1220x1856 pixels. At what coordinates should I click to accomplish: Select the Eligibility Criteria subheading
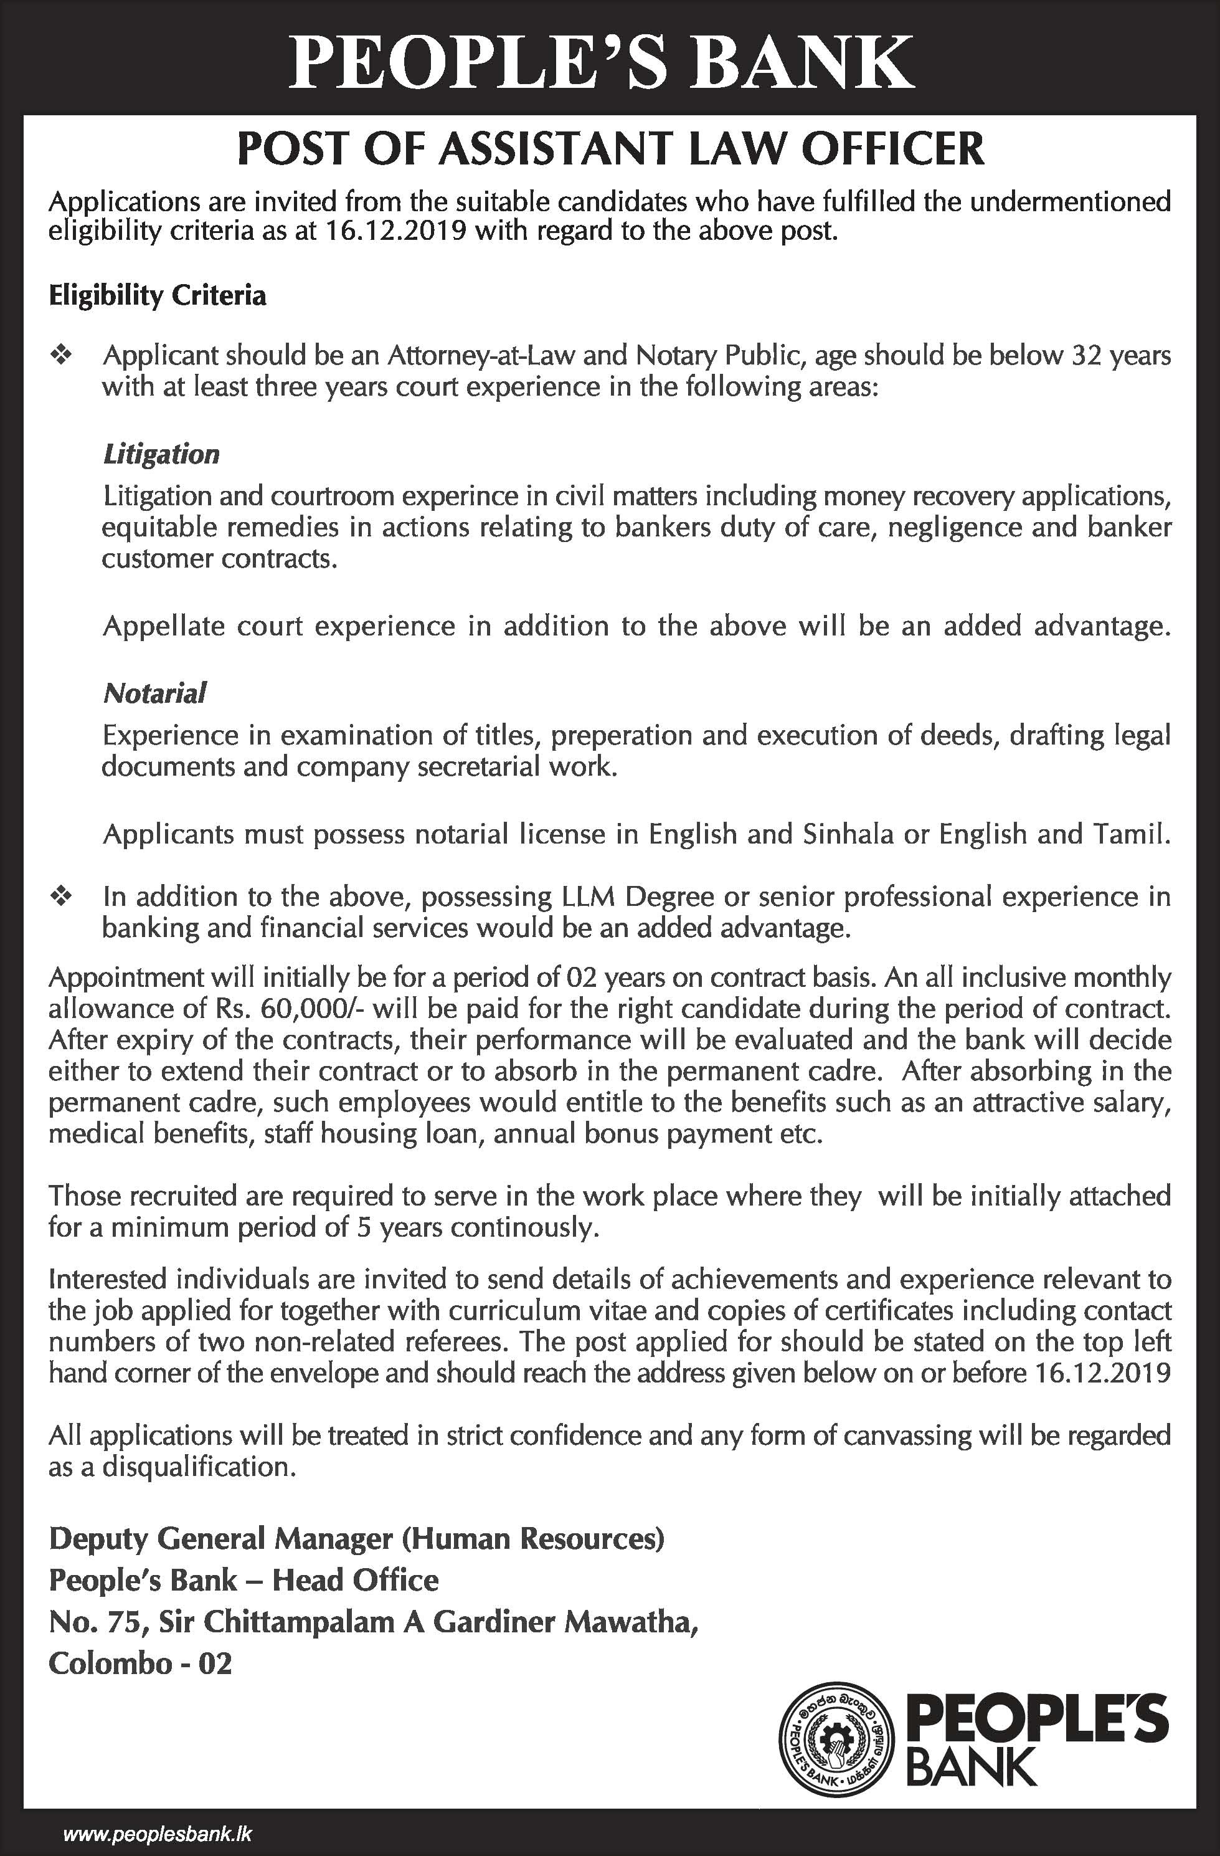(158, 295)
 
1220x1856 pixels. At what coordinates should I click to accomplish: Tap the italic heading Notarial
(154, 692)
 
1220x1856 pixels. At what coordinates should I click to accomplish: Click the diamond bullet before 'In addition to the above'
(61, 897)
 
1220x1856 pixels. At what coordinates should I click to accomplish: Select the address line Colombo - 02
(140, 1664)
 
